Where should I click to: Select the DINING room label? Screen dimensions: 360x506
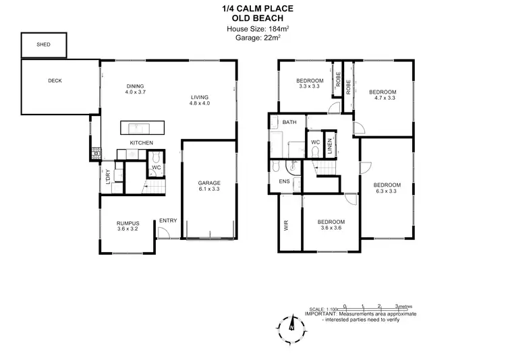coord(136,86)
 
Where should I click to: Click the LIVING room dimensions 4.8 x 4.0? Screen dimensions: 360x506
coord(200,103)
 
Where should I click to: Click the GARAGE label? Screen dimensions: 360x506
coord(209,183)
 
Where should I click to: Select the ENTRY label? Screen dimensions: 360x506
coord(167,220)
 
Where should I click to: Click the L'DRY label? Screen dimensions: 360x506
coord(108,175)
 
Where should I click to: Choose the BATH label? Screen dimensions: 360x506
coord(290,122)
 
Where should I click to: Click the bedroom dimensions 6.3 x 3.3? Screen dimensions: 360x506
coord(387,192)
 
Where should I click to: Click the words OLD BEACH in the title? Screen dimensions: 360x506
coord(252,19)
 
